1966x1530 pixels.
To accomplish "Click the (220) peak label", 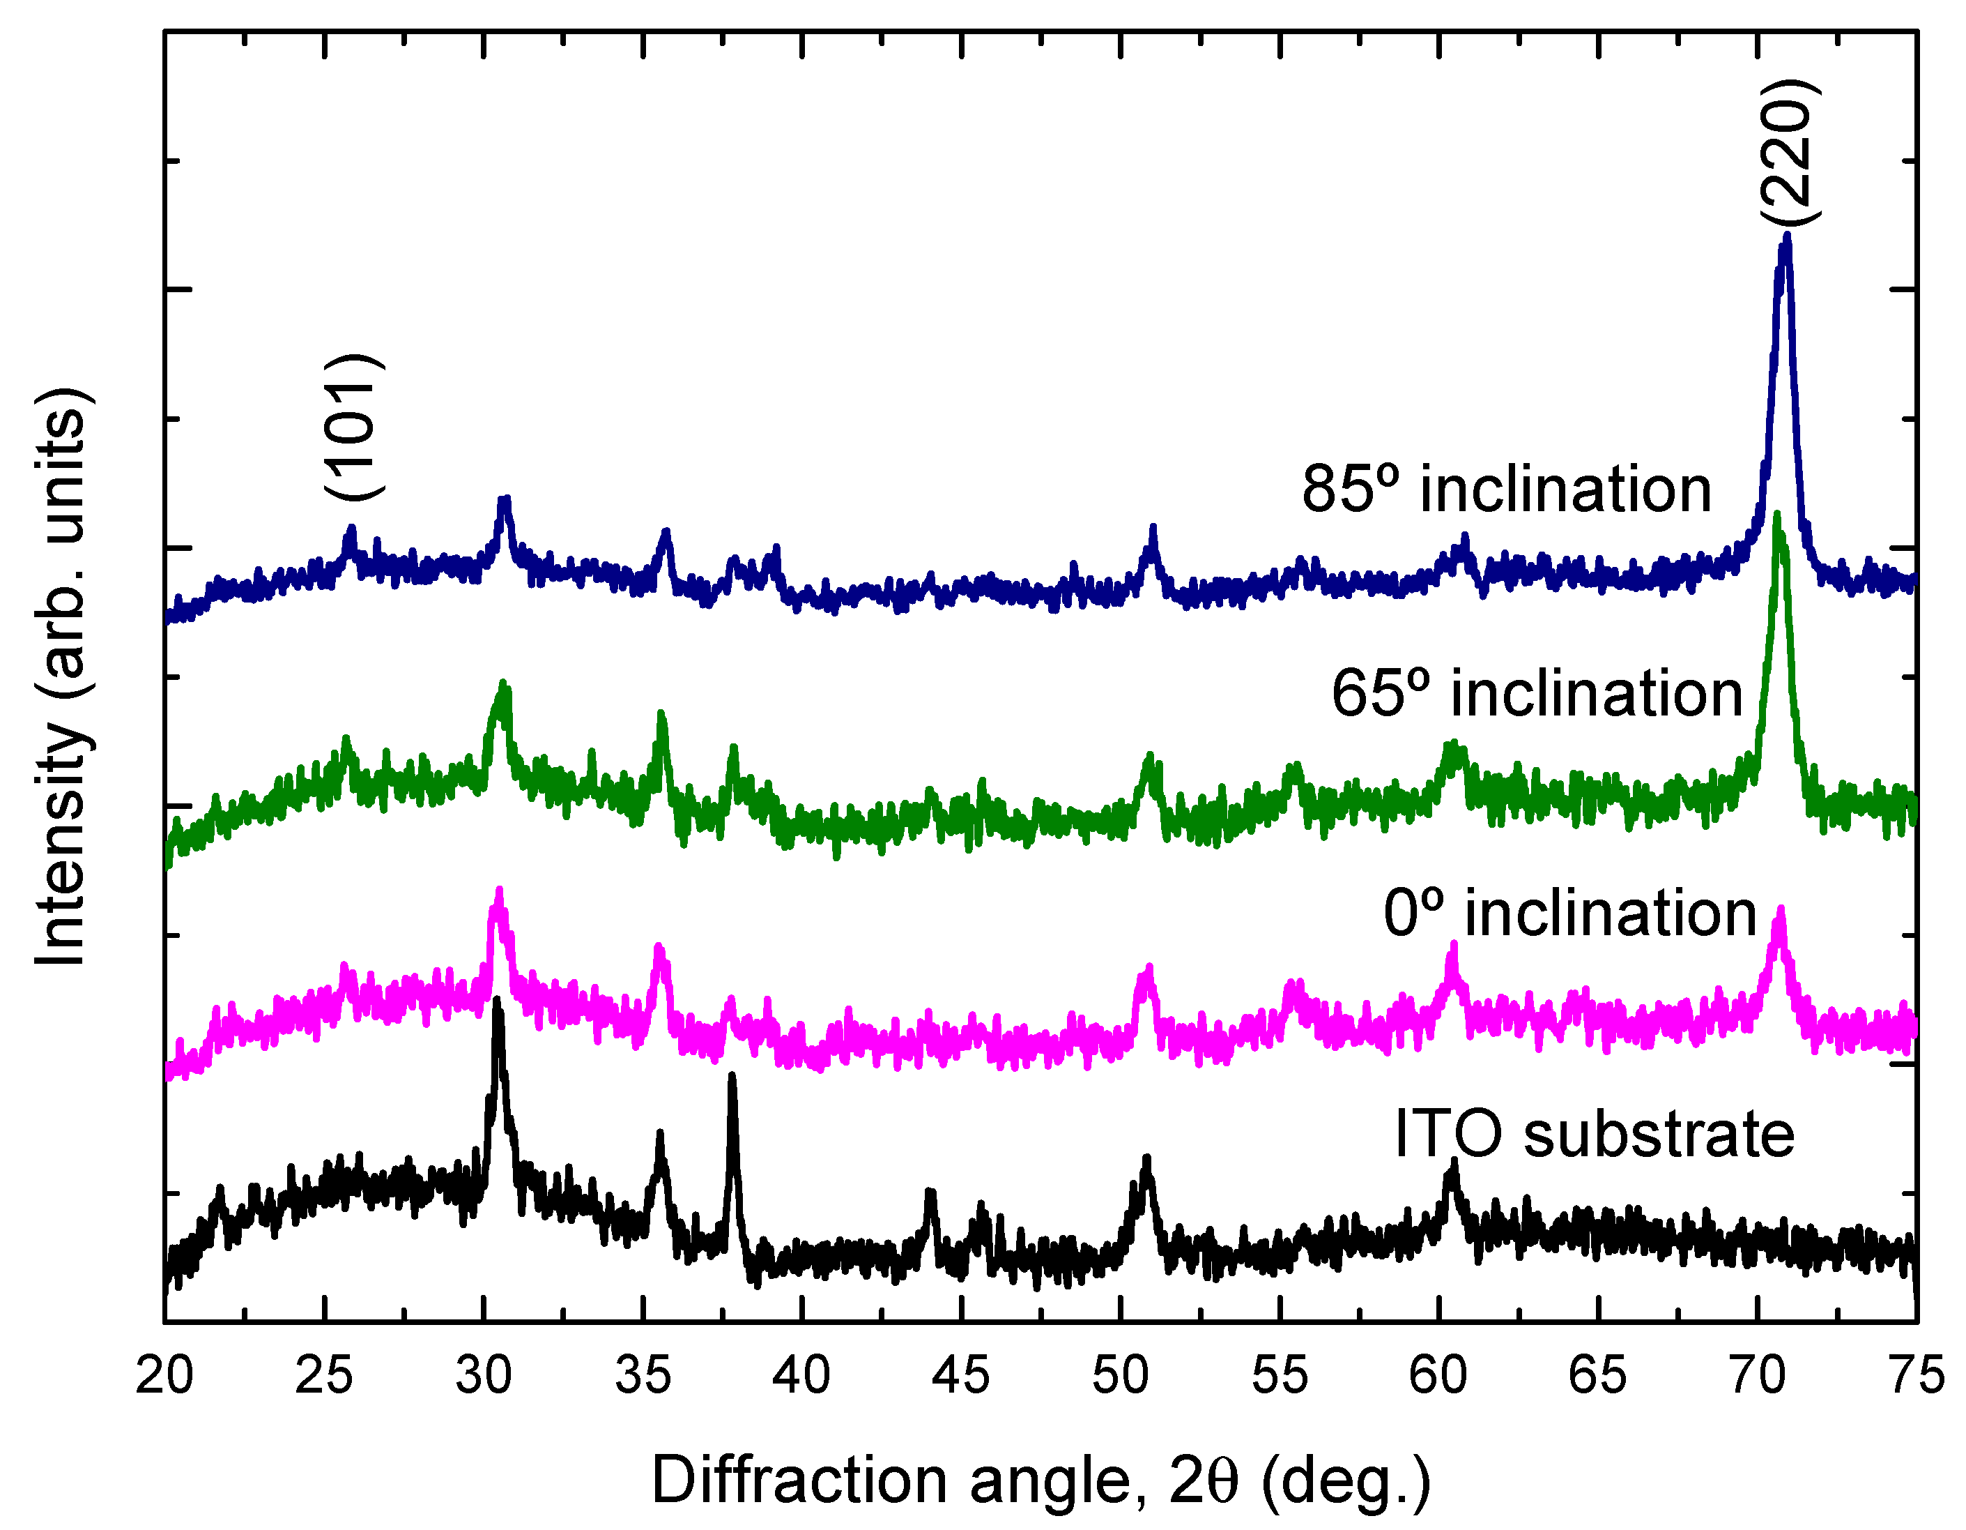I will tap(1790, 154).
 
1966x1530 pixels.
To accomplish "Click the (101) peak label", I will tap(355, 427).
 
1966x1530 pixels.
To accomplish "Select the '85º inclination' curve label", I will tap(1506, 491).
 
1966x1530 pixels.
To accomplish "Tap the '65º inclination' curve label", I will tap(1537, 695).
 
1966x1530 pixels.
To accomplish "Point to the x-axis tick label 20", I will tap(164, 1376).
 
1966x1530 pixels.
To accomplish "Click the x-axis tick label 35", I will tap(643, 1376).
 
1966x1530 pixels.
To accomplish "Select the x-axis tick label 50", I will tap(1121, 1376).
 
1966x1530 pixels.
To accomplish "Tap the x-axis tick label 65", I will tap(1598, 1376).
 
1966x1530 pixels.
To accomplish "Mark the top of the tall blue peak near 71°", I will tap(1787, 238).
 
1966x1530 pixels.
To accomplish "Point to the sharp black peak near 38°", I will tap(732, 1076).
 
